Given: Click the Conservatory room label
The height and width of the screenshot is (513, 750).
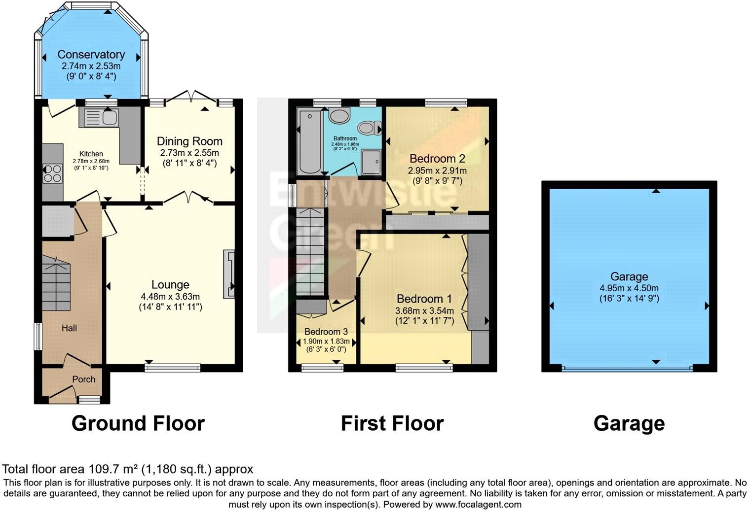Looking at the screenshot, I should tap(91, 55).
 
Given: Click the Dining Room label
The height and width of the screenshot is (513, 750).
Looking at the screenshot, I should tap(189, 141).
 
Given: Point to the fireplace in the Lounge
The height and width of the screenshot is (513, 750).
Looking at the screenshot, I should tap(229, 274).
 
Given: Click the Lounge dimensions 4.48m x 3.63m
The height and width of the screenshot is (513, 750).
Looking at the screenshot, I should tap(170, 297).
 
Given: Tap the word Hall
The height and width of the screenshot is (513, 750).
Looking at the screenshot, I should tap(69, 328).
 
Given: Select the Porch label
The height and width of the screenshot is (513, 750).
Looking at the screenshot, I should tap(84, 379).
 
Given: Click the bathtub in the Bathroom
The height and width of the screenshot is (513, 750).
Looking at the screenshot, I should tap(309, 142).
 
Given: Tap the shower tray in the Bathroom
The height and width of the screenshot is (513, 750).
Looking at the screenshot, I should tap(371, 162).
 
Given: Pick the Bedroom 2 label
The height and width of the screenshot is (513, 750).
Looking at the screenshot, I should tap(437, 159).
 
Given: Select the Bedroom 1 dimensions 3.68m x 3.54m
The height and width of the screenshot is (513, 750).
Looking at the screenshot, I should tap(424, 311).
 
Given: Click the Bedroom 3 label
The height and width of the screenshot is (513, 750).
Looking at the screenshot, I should tap(326, 332).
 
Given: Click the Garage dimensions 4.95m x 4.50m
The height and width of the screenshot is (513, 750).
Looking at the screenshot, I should tap(629, 288).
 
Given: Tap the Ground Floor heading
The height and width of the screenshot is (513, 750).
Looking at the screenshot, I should tap(138, 423).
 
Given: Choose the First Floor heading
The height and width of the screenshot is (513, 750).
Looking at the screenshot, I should tap(392, 423).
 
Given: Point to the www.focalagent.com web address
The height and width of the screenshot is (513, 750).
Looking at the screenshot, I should tap(478, 505).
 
